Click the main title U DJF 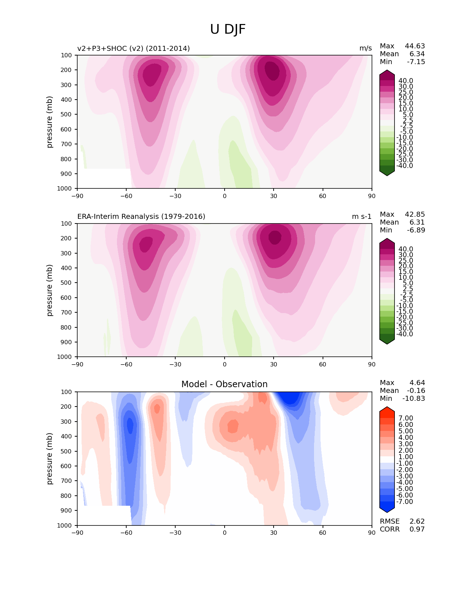[x=228, y=29]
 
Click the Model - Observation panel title [x=224, y=384]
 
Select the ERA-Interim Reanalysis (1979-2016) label [x=141, y=216]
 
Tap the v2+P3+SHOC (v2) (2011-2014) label [x=133, y=48]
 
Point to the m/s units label [x=366, y=48]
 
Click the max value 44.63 [x=415, y=46]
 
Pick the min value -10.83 [x=414, y=398]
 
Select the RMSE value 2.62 [x=417, y=521]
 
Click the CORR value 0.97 [x=417, y=529]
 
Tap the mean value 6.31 [x=417, y=222]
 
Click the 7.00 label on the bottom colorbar [x=406, y=418]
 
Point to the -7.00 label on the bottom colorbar [x=404, y=501]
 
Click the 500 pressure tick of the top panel [x=67, y=114]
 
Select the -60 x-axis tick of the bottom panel [x=126, y=533]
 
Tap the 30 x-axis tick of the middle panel [x=274, y=364]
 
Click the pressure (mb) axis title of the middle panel [x=50, y=290]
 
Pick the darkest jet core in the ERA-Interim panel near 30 [x=275, y=237]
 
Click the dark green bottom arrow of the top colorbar [x=387, y=173]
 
